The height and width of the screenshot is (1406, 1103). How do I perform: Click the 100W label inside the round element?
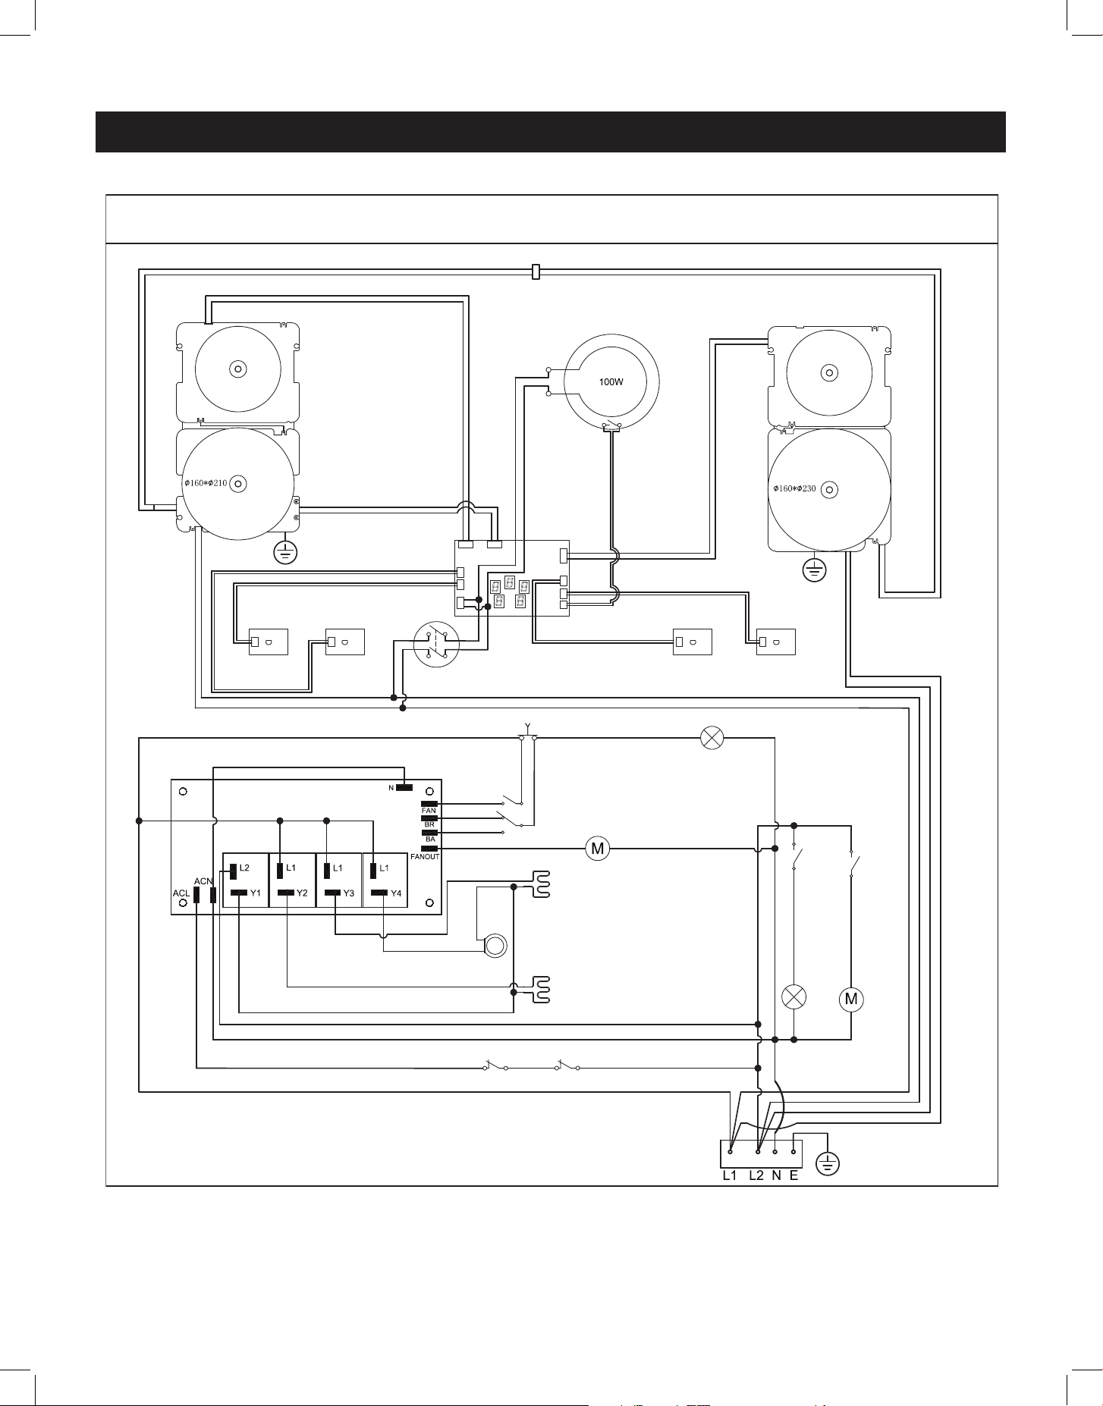(611, 382)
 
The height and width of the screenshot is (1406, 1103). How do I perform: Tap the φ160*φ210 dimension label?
(206, 483)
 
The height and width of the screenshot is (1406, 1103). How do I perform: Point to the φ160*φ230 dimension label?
(794, 488)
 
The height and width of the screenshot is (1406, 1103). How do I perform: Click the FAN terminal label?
(429, 811)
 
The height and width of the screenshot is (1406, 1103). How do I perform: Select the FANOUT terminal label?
(425, 856)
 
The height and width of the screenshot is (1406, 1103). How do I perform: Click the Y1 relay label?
(256, 893)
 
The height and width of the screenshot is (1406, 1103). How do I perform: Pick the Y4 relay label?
(395, 893)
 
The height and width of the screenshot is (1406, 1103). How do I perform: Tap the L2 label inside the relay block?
(244, 867)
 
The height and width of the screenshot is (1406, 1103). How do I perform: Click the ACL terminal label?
(181, 894)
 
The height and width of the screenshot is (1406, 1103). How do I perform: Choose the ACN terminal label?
(203, 880)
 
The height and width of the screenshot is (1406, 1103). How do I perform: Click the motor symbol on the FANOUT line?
(597, 849)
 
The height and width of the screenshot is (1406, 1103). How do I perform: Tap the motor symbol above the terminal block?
(851, 1000)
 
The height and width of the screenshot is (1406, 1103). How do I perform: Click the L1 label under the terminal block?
(729, 1197)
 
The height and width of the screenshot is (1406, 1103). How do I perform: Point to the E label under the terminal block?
(793, 1197)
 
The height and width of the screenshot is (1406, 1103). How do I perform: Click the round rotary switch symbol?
(437, 645)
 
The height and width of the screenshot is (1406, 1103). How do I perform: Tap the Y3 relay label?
(348, 893)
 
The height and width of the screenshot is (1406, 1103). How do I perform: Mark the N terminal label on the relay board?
(391, 788)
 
